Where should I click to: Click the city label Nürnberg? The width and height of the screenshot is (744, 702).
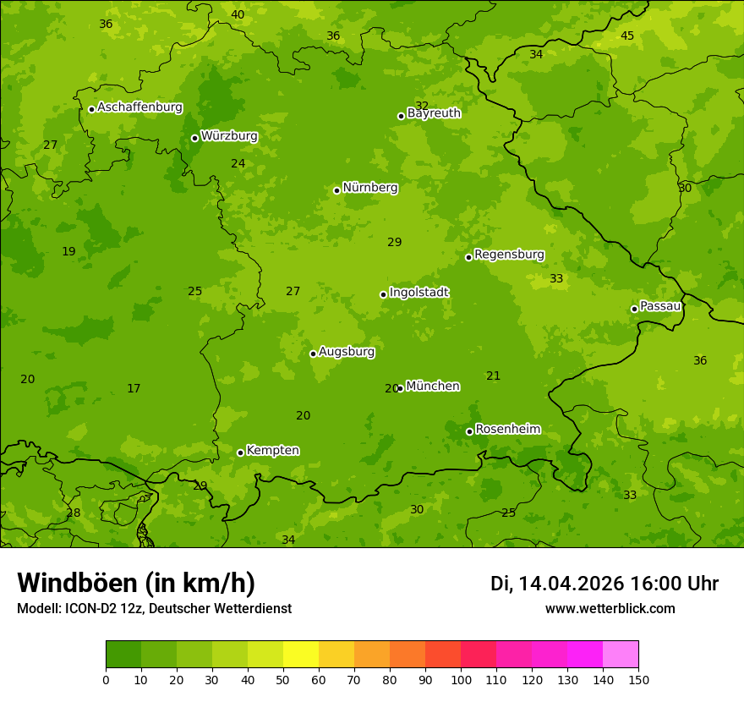[x=369, y=188]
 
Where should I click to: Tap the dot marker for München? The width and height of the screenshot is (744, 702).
[x=400, y=389]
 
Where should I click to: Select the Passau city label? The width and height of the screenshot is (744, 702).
[x=660, y=306]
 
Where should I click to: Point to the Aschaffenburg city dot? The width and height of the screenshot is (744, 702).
[x=91, y=109]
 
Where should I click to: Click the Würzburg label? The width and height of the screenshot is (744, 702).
[x=229, y=136]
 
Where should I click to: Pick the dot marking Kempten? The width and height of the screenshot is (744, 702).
[x=240, y=452]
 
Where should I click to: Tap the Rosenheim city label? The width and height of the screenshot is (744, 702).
[x=507, y=430]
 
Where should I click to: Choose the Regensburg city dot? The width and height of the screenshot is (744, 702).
[x=468, y=257]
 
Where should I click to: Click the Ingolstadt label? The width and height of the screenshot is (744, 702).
[x=418, y=293]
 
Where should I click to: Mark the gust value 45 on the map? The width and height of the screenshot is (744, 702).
[x=627, y=36]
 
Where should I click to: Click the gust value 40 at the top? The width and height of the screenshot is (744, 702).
[x=238, y=14]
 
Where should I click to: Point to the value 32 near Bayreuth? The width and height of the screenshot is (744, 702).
[x=422, y=106]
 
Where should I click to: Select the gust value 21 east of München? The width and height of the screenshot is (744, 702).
[x=494, y=376]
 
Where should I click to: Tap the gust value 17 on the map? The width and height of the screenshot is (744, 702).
[x=134, y=388]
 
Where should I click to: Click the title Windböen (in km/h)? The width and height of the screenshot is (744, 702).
[x=136, y=583]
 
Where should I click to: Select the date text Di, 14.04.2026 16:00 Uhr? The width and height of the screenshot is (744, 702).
[x=604, y=584]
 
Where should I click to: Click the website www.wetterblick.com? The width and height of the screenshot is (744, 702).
[x=610, y=609]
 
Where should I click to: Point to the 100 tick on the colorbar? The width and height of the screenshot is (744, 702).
[x=461, y=679]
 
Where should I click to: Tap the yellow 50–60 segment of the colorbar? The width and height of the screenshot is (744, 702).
[x=301, y=654]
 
